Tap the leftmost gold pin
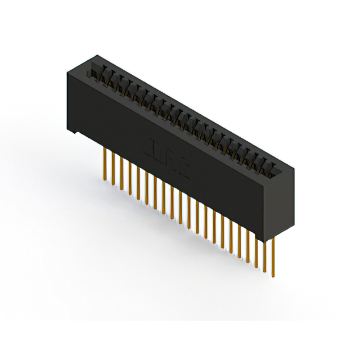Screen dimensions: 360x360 [105, 163]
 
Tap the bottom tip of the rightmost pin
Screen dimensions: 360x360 [273, 276]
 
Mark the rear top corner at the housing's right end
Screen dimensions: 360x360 [292, 167]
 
